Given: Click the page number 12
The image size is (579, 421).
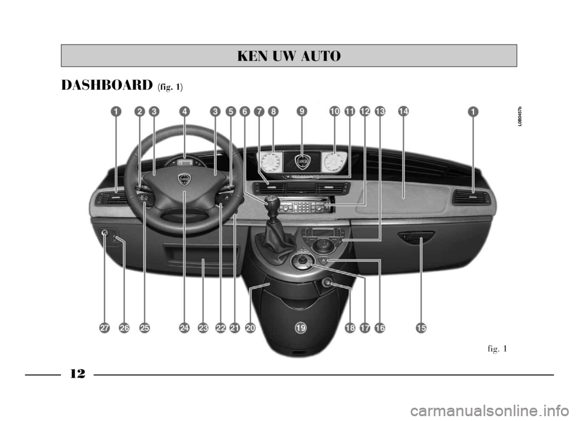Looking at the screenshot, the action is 77,374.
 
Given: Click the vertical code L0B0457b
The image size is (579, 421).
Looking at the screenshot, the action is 519,115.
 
